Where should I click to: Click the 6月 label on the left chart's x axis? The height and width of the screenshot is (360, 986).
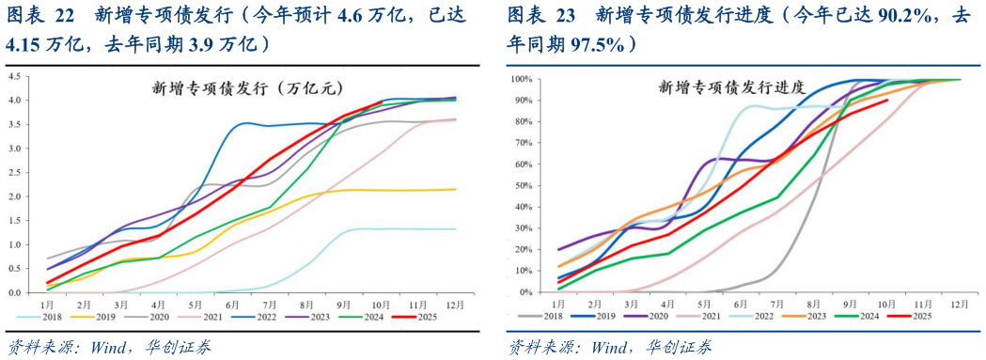(x=230, y=305)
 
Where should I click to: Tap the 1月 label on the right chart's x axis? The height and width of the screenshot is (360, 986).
(x=557, y=305)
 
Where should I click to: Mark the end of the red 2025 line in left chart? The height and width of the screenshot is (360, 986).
(x=381, y=101)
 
